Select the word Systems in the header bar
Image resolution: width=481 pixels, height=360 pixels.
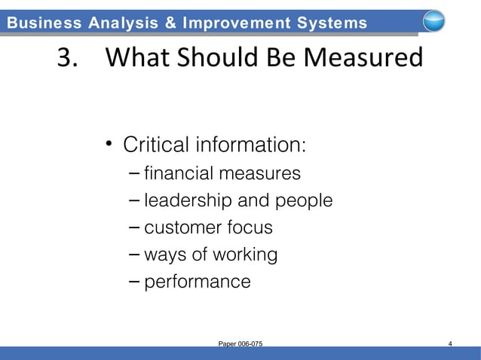click(x=330, y=23)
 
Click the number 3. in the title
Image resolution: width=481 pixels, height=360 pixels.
click(x=69, y=59)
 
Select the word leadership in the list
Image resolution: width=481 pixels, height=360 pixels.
click(x=188, y=201)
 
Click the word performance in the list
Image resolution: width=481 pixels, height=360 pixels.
click(x=198, y=282)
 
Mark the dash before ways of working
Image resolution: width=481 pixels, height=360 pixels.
click(x=133, y=254)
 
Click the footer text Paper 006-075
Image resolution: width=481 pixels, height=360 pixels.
click(x=240, y=344)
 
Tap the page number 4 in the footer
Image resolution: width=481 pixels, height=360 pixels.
click(x=449, y=344)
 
